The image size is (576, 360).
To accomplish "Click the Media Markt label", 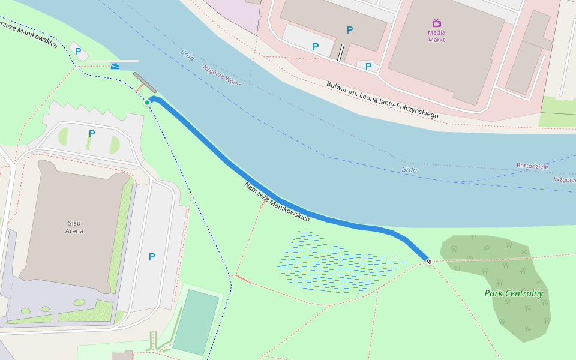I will pos(436,36).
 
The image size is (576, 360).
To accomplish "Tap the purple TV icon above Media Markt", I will pos(436,23).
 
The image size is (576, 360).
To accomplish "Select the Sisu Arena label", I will pos(75,227).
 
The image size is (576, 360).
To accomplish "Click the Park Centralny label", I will pos(514,293).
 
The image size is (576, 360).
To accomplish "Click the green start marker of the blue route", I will pos(147,103).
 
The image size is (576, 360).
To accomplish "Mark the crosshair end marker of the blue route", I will pos(429,262).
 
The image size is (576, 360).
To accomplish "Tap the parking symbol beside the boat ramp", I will pos(78,52).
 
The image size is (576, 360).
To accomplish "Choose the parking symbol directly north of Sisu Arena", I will pos(91,133).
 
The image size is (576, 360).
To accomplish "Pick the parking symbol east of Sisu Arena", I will pos(152,257).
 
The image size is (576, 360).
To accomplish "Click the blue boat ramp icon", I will pos(115,65).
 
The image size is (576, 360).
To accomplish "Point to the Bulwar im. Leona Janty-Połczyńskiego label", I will pos(382,99).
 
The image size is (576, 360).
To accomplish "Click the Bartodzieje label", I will pos(532,166).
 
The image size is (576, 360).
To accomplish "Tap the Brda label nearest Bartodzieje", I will pos(409,170).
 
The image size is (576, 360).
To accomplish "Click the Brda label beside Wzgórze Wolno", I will pos(188,55).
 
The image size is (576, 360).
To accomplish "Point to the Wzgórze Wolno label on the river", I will pos(223,75).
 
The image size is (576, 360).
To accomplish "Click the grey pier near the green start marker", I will pos(145,82).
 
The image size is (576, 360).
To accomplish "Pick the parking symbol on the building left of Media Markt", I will pos(350,30).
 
